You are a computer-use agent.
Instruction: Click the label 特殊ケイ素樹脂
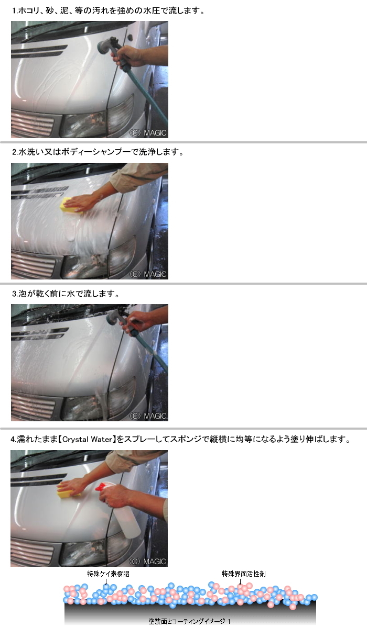(108, 574)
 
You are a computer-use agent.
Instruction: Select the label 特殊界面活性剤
(244, 574)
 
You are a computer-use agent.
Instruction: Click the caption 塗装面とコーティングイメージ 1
(189, 622)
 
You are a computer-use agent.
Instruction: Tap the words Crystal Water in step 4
(88, 439)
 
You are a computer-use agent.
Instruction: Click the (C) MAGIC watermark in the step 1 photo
(148, 132)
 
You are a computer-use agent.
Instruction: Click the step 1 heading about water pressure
(109, 11)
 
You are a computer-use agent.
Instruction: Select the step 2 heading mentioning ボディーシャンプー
(98, 152)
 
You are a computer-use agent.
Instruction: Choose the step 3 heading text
(66, 294)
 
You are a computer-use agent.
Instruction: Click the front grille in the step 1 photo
(33, 124)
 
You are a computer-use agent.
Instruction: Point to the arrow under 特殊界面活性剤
(240, 581)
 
